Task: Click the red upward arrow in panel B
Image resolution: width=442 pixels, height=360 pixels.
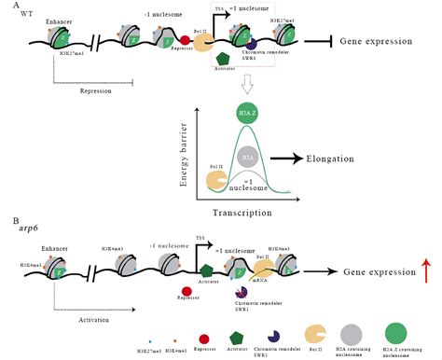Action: tap(426, 271)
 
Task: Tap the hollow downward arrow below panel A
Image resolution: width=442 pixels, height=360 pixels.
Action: tap(245, 86)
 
